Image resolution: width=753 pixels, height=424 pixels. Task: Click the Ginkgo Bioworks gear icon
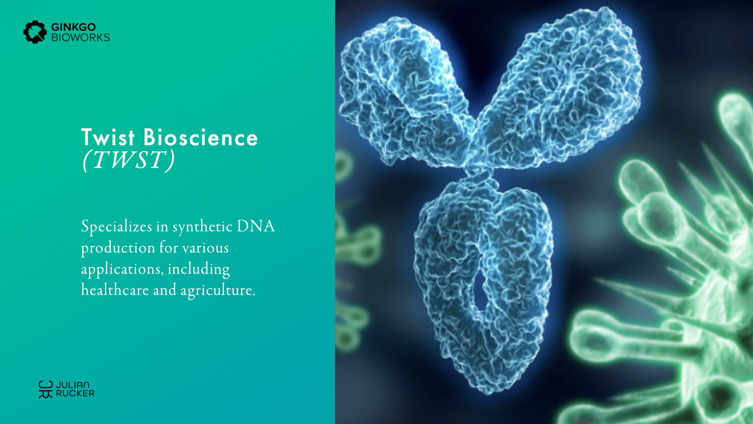(x=35, y=32)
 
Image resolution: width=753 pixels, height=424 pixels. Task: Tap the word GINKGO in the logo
(x=74, y=27)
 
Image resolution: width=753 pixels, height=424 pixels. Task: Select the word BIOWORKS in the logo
(x=81, y=37)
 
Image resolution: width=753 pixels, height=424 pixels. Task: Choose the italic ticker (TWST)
(x=128, y=160)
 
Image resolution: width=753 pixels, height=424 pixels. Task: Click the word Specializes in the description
(x=116, y=228)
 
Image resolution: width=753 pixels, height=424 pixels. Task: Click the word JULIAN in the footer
(x=73, y=385)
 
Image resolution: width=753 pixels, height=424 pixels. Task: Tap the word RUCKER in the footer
(x=75, y=393)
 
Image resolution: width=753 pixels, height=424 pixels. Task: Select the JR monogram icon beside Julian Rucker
(x=45, y=389)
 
